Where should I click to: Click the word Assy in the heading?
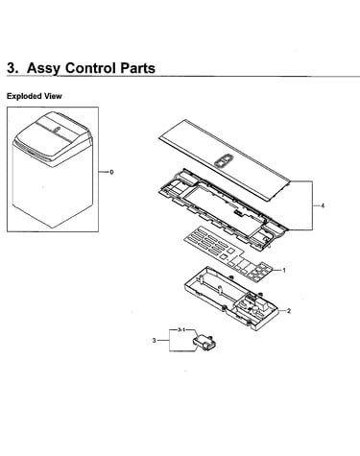[x=44, y=68]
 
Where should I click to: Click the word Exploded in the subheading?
[x=24, y=96]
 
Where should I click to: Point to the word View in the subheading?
[x=53, y=96]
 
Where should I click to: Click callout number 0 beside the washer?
[x=111, y=172]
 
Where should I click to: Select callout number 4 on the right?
[x=323, y=205]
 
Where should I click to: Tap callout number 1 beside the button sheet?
[x=284, y=271]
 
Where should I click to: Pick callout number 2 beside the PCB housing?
[x=289, y=311]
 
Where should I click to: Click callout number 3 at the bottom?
[x=154, y=341]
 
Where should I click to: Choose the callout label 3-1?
[x=181, y=329]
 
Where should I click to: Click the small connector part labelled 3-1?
[x=204, y=343]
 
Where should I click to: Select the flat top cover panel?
[x=225, y=160]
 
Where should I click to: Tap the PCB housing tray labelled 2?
[x=230, y=299]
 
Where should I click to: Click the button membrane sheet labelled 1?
[x=229, y=252]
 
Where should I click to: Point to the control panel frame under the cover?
[x=221, y=208]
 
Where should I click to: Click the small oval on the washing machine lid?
[x=57, y=130]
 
